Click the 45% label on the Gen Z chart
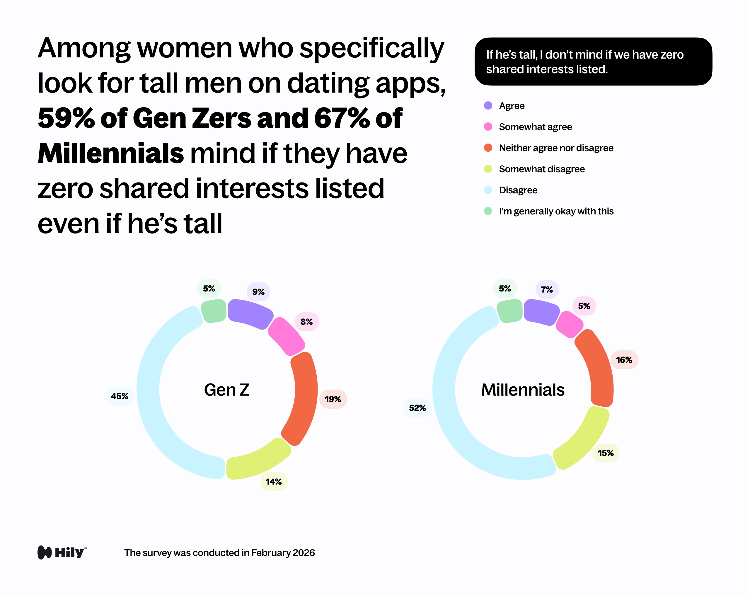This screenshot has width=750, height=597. coord(119,396)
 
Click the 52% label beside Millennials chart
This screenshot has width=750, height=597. coord(417,408)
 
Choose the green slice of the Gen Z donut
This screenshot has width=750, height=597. coord(214,311)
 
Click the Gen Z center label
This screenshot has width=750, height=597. coord(226,390)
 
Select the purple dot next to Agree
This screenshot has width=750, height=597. coord(488,105)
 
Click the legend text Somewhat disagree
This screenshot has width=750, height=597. coord(542,169)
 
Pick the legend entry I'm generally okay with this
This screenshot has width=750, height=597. coord(556,211)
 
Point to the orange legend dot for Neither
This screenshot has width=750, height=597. coord(488,148)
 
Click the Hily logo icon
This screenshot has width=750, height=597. coord(45,552)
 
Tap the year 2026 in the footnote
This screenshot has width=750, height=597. coord(303,553)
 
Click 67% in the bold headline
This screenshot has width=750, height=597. coord(342,118)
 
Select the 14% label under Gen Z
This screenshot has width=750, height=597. coord(273,482)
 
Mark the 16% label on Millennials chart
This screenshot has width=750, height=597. coord(624,360)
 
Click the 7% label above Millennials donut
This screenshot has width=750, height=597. coord(546,289)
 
